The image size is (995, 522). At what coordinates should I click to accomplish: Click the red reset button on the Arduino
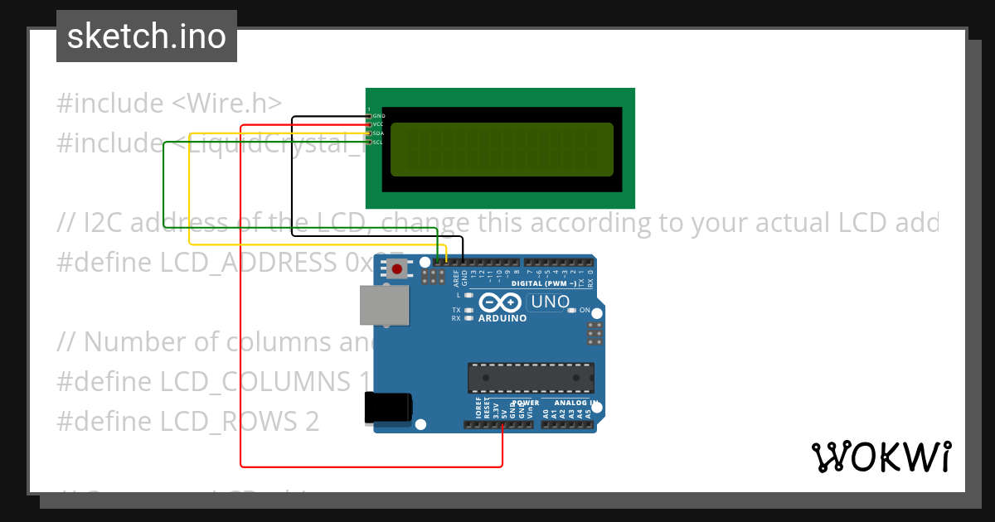pyautogui.click(x=398, y=268)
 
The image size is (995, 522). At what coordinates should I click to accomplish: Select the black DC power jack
pyautogui.click(x=388, y=409)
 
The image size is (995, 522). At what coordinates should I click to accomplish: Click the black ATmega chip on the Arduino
pyautogui.click(x=531, y=377)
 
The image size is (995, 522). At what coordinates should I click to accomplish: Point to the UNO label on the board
pyautogui.click(x=550, y=302)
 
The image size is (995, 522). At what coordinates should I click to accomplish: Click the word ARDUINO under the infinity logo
pyautogui.click(x=502, y=318)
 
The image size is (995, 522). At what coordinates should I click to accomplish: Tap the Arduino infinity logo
pyautogui.click(x=500, y=303)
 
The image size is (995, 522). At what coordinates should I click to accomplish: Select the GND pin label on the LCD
pyautogui.click(x=378, y=116)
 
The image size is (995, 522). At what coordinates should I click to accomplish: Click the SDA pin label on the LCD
pyautogui.click(x=378, y=133)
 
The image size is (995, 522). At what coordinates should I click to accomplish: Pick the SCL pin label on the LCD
pyautogui.click(x=378, y=143)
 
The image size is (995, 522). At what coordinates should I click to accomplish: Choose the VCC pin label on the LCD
pyautogui.click(x=378, y=124)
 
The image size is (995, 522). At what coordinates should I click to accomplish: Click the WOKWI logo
pyautogui.click(x=881, y=457)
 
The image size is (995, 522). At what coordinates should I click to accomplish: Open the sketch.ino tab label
pyautogui.click(x=147, y=36)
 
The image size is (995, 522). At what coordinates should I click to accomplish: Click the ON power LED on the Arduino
pyautogui.click(x=572, y=310)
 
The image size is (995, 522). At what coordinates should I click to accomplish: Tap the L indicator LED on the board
pyautogui.click(x=468, y=295)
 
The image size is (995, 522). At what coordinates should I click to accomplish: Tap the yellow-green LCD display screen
pyautogui.click(x=502, y=150)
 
